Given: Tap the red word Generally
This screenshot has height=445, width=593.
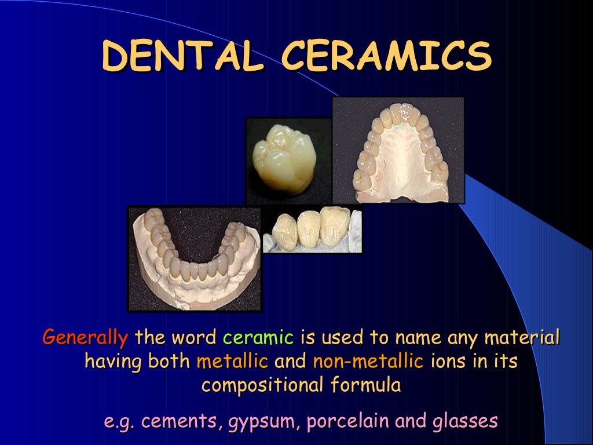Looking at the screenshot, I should tap(85, 337).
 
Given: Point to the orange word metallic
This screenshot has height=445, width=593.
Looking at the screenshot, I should tap(232, 362).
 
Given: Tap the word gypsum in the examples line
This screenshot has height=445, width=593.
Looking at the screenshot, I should tap(263, 422).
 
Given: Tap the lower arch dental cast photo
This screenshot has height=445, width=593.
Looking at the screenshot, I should tap(195, 258).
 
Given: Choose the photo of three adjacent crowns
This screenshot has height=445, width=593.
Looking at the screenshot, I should tap(313, 229).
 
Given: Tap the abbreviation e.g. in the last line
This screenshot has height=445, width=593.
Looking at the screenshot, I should tap(120, 422).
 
